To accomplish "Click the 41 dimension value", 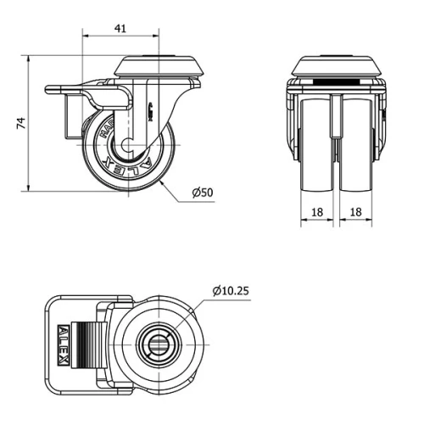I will tap(120, 28).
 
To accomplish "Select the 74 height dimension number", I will tap(21, 123).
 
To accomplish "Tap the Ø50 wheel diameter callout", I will tap(203, 193).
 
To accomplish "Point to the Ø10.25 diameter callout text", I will tap(232, 290).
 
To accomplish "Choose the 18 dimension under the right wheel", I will tap(356, 211).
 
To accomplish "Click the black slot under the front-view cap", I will tap(336, 81).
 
